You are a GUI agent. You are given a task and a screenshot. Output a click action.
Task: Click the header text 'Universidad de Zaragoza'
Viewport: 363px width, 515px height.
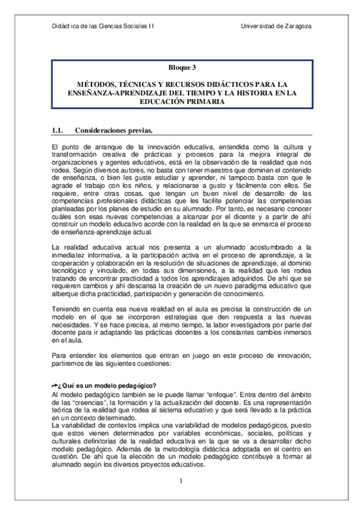coord(276,26)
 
